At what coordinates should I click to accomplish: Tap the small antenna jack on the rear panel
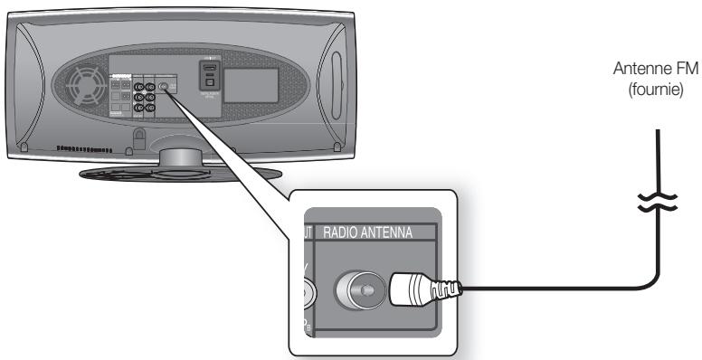(x=164, y=90)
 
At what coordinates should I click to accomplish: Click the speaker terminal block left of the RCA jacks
(x=120, y=97)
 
